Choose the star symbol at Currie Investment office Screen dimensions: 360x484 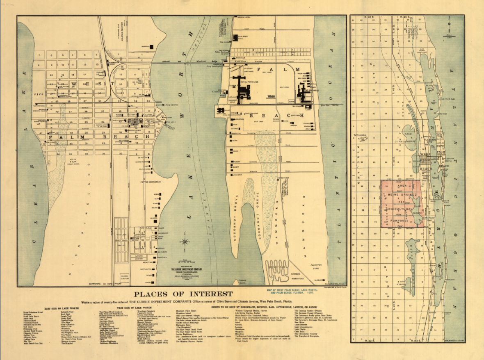click(x=140, y=121)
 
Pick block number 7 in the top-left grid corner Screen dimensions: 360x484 click(x=51, y=54)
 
